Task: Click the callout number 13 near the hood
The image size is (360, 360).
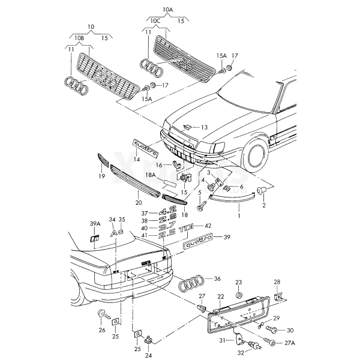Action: point(205,127)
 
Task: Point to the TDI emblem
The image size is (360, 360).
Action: point(187,229)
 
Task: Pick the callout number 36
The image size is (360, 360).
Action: point(217,278)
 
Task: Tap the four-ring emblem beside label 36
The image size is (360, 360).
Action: point(191,284)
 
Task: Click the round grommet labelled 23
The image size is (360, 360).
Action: point(239,295)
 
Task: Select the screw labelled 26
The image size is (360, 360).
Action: point(104,314)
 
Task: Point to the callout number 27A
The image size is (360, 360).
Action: point(290,343)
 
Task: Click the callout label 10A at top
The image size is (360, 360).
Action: point(168,10)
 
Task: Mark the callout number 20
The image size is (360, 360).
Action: point(139,203)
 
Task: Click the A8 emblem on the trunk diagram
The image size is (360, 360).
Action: point(117,233)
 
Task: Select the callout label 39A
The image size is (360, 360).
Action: point(95,223)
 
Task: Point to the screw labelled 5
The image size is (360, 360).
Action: point(202,206)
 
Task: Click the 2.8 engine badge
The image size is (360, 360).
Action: point(168,219)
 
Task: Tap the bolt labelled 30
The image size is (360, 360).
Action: point(272,329)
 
